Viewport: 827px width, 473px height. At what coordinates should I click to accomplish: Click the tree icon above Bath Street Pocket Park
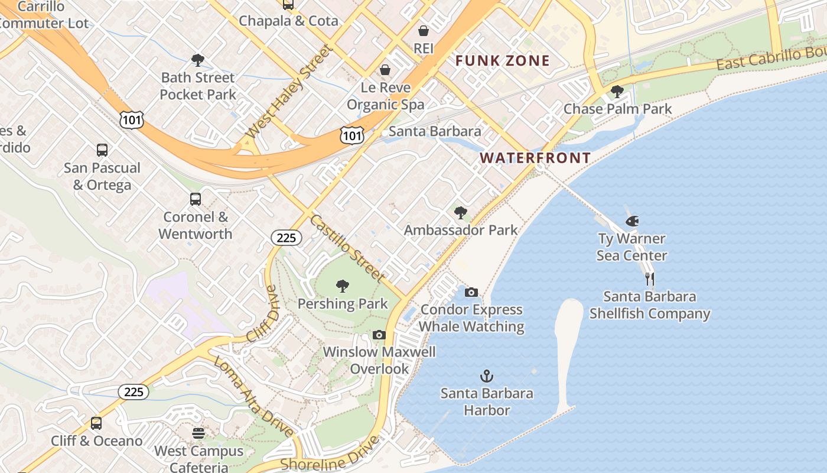198,60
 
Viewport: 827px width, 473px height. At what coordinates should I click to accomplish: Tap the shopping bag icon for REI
424,31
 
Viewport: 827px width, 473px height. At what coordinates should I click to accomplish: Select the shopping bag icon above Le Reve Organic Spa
385,70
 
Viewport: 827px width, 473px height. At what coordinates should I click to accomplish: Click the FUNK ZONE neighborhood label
503,60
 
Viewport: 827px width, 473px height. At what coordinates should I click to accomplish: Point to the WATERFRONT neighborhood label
535,158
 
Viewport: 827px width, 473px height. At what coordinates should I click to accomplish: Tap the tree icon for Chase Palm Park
617,92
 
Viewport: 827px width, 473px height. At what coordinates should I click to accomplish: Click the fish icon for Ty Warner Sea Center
631,222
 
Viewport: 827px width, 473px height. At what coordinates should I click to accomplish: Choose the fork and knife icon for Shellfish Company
650,279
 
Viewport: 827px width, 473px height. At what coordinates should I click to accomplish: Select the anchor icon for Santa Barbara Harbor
487,376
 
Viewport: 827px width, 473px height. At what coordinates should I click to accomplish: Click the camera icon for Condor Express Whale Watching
471,292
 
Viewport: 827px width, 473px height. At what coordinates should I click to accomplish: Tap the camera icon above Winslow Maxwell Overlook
379,335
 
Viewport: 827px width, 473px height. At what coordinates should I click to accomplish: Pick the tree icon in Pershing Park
342,287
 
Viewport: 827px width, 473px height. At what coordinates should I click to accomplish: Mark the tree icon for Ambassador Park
461,213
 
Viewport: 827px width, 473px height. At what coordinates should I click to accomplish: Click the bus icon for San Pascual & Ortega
102,150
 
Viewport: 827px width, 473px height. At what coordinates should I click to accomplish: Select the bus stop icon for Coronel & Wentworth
196,199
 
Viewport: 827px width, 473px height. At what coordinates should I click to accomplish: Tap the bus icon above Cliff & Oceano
96,423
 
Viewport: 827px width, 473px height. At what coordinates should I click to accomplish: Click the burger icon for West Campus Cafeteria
198,433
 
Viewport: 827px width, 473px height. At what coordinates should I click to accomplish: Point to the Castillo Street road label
347,249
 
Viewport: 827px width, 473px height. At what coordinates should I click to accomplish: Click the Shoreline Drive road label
329,455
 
